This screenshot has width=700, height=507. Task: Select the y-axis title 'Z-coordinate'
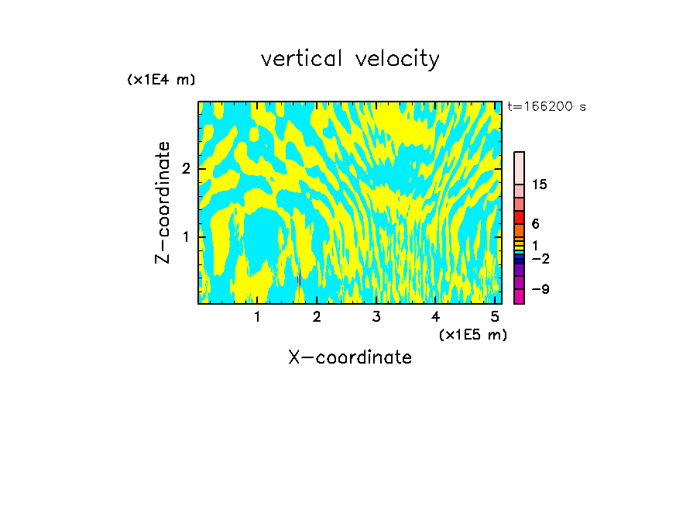click(163, 202)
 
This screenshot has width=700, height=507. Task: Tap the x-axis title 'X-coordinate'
click(350, 357)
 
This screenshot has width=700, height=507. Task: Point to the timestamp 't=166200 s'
click(546, 107)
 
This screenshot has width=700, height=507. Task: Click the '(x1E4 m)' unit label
click(161, 80)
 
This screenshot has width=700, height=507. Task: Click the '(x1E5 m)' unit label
click(472, 335)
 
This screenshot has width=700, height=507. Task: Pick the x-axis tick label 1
click(257, 316)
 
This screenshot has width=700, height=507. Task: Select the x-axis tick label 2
click(317, 316)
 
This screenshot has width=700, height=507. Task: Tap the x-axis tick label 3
click(376, 316)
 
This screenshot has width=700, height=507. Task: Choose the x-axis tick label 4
click(436, 316)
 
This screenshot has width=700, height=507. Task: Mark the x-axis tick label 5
click(495, 316)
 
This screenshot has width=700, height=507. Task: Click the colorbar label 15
click(540, 185)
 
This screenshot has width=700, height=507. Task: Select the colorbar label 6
click(535, 224)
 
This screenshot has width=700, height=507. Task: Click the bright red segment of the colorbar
click(519, 217)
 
